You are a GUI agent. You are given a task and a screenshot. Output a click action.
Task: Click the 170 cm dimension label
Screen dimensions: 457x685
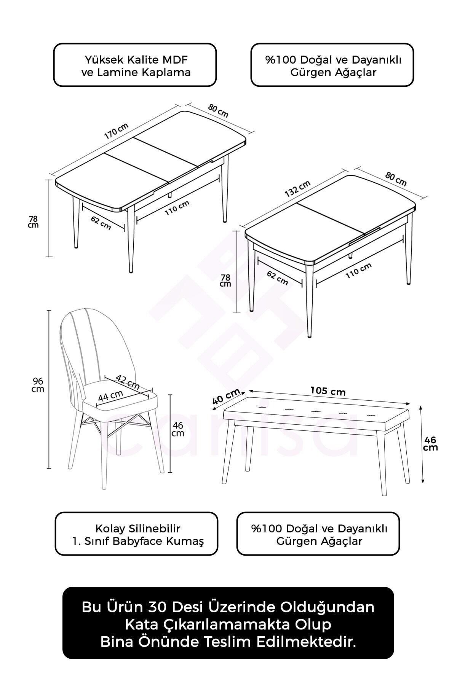point(116,131)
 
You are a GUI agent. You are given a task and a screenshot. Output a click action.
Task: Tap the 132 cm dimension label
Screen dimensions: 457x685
point(298,189)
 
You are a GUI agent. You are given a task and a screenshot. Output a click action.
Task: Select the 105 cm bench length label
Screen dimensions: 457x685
point(328,391)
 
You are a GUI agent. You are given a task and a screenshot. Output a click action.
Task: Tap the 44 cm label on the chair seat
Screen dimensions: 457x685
point(111,396)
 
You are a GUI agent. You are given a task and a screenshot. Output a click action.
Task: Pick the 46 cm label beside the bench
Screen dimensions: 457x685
point(430,444)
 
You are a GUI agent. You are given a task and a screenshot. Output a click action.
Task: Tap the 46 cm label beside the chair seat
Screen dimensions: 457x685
point(178,429)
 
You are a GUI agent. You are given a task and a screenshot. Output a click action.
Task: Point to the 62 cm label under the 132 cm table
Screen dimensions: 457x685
point(277,279)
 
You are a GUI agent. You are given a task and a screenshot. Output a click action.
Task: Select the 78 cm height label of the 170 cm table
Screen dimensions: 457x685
point(34,222)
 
